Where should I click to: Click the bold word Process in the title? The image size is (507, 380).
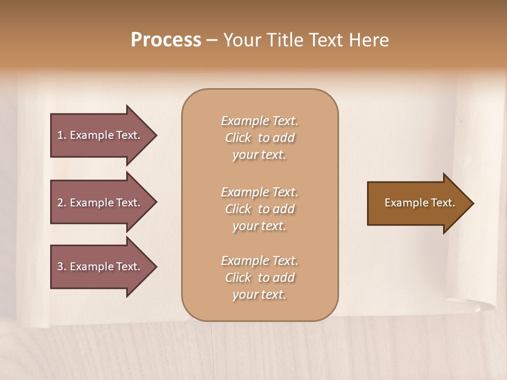166,40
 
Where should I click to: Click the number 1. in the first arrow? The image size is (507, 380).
62,135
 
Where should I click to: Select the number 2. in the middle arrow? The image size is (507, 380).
62,203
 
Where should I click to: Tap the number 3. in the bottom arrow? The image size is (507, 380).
62,267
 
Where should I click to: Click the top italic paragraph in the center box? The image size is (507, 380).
259,138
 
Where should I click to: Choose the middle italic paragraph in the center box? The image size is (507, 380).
259,208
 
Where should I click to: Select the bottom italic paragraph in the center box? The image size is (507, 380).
259,278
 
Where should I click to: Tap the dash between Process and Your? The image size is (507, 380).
212,40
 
